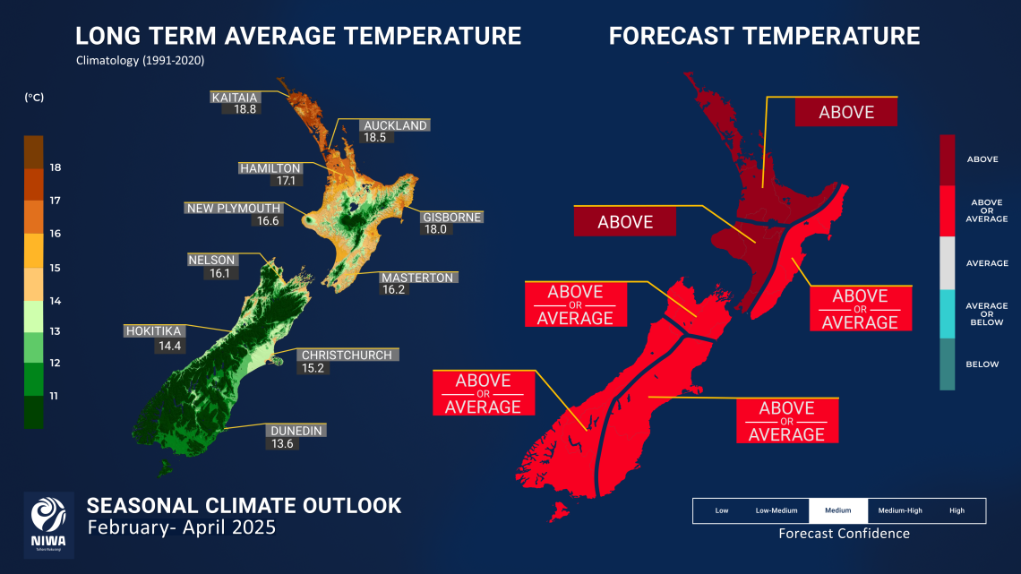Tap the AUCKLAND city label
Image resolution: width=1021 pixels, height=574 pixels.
[395, 125]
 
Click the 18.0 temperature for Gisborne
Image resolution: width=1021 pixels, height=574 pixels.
[436, 229]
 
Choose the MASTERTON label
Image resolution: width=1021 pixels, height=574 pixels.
[417, 278]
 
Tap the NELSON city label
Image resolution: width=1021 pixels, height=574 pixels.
[211, 261]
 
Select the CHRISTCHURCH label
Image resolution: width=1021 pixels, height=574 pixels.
[346, 355]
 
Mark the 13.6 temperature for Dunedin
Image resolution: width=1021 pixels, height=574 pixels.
[282, 443]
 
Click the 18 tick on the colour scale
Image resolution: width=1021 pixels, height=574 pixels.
[56, 167]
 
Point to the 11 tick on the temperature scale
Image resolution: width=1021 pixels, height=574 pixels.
[56, 395]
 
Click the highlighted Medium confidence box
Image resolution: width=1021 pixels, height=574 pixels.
[837, 510]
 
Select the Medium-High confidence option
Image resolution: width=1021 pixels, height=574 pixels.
[899, 510]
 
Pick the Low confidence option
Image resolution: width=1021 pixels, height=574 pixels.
[721, 510]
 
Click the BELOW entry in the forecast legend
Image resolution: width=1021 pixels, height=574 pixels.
[982, 364]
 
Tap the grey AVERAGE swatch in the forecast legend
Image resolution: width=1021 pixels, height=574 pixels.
[948, 262]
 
